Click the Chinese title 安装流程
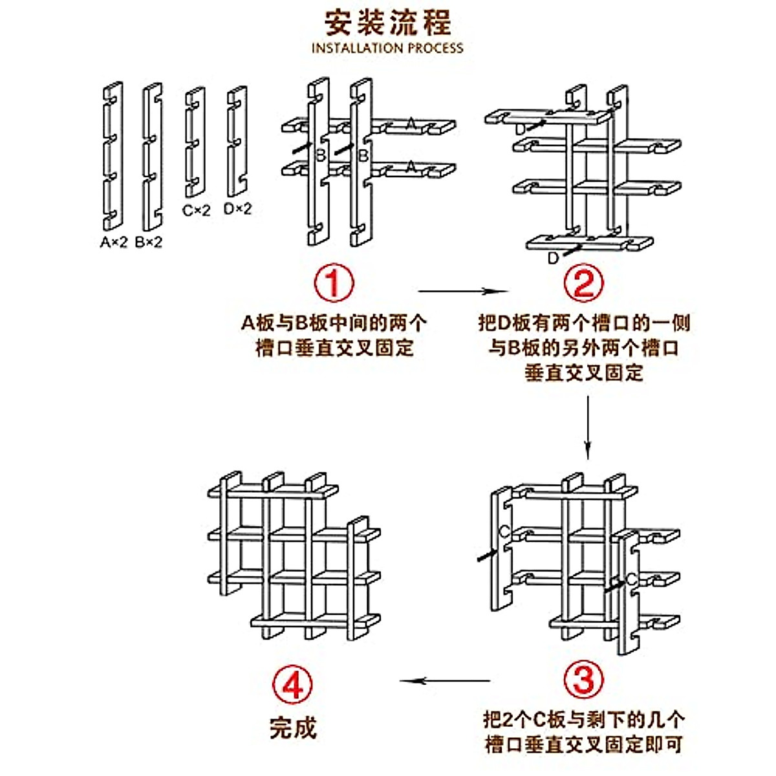tap(387, 23)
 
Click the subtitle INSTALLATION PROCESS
tap(387, 48)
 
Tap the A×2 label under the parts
tap(114, 242)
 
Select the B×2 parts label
tap(149, 242)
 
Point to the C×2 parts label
tap(196, 210)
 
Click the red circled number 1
tap(334, 283)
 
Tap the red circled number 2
tap(583, 283)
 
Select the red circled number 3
tap(583, 680)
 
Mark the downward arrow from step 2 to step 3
tap(587, 427)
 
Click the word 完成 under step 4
tap(293, 727)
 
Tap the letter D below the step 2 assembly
tap(553, 259)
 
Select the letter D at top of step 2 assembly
tap(522, 130)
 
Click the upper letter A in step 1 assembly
tap(411, 123)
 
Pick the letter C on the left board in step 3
tap(504, 532)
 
